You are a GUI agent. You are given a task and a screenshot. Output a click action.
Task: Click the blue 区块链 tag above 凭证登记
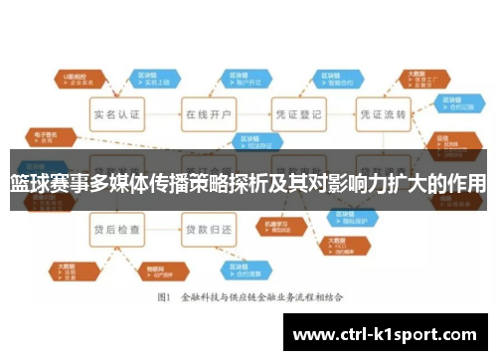click(x=330, y=78)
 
